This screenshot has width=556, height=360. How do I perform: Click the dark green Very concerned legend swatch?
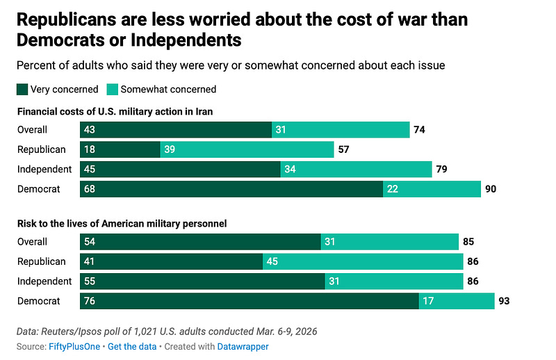pos(23,89)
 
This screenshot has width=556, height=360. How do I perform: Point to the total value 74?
pos(418,129)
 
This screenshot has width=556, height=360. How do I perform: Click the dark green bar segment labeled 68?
pos(231,189)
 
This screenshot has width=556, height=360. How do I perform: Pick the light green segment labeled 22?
pos(432,189)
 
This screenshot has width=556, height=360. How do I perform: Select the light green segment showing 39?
pos(247,149)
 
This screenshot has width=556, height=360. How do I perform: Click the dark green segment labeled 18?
pos(120,149)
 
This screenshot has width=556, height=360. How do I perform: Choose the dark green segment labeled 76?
pos(250,301)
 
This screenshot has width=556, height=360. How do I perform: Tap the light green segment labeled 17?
pos(456,301)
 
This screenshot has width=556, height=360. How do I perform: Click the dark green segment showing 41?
pos(172,261)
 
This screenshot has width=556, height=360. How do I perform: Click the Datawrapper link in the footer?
pos(244,346)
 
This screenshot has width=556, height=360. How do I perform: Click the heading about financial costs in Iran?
pos(115,111)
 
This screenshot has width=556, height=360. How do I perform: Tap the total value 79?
pos(441,169)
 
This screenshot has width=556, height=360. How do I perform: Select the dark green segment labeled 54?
pos(201,242)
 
